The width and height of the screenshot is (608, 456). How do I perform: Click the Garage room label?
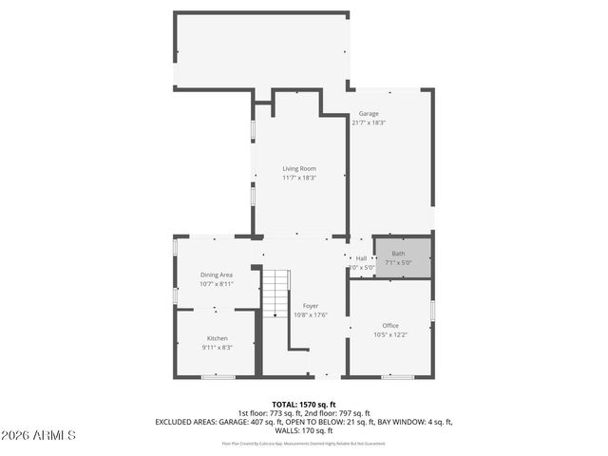click(x=369, y=114)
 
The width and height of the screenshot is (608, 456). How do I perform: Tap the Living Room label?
click(x=298, y=169)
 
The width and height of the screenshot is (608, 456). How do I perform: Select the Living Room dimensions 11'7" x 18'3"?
click(x=298, y=178)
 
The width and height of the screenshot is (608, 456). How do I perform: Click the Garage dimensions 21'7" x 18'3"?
click(x=369, y=123)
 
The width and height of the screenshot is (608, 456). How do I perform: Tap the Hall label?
click(x=361, y=258)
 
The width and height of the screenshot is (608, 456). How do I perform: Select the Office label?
click(x=390, y=325)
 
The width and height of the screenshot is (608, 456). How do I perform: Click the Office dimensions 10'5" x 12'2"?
click(x=390, y=333)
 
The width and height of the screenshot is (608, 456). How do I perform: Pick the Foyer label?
click(x=311, y=306)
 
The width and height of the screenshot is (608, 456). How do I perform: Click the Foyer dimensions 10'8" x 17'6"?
click(x=311, y=314)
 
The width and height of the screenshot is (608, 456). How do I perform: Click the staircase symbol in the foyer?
click(x=274, y=293)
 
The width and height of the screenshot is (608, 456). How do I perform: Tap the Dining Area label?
click(x=217, y=275)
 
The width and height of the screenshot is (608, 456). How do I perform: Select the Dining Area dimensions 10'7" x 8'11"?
click(x=217, y=283)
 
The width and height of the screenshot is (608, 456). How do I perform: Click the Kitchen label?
click(x=218, y=338)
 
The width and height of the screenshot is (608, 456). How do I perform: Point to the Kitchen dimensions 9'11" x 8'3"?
click(x=218, y=347)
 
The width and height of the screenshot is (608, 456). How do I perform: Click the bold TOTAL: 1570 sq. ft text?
click(x=304, y=404)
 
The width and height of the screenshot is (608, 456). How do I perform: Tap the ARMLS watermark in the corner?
click(x=40, y=435)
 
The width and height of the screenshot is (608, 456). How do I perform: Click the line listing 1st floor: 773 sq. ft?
click(x=304, y=412)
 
